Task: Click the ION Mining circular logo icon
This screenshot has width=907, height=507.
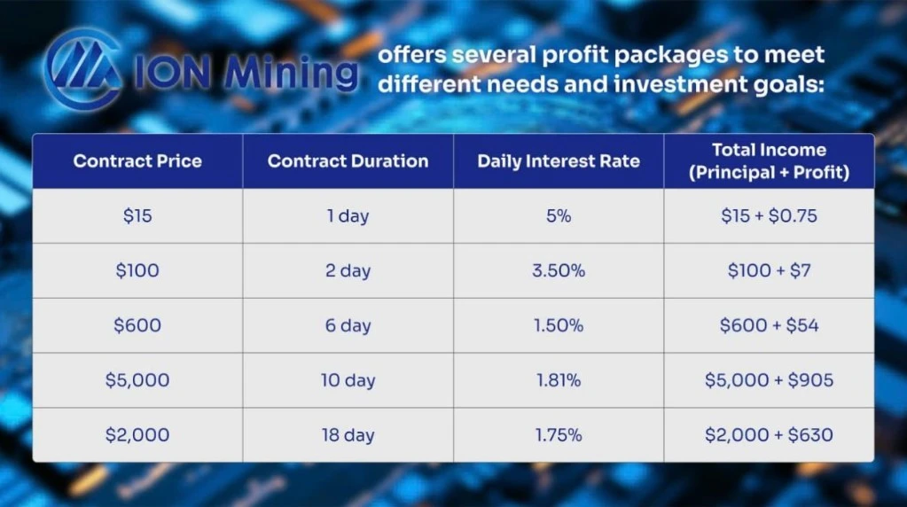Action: coord(82,69)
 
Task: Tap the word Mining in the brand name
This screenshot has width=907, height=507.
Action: coord(292,74)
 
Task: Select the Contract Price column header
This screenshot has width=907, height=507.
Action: coord(137,160)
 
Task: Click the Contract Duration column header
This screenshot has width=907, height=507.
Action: coord(348,160)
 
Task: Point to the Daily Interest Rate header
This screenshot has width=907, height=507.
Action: coord(559,160)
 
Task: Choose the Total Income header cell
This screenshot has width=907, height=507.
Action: coord(770,160)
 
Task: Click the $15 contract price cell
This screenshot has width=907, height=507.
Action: coord(137,215)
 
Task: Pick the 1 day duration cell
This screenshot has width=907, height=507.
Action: coord(348,215)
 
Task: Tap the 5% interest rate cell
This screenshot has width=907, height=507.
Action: coord(559,215)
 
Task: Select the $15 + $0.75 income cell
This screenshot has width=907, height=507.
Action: coord(770,215)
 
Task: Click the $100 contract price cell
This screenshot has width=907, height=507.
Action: coord(137,270)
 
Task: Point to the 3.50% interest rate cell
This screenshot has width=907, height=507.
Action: coord(559,270)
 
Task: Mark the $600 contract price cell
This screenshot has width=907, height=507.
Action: coord(137,325)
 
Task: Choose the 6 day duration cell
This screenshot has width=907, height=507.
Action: coord(348,325)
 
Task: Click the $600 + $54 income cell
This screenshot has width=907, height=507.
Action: coord(770,325)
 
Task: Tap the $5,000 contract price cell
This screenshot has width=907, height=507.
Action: coord(137,380)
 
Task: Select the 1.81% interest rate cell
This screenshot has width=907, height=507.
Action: coord(559,380)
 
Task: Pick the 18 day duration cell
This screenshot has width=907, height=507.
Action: coord(348,434)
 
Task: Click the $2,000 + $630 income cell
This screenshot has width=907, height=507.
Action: coord(770,434)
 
